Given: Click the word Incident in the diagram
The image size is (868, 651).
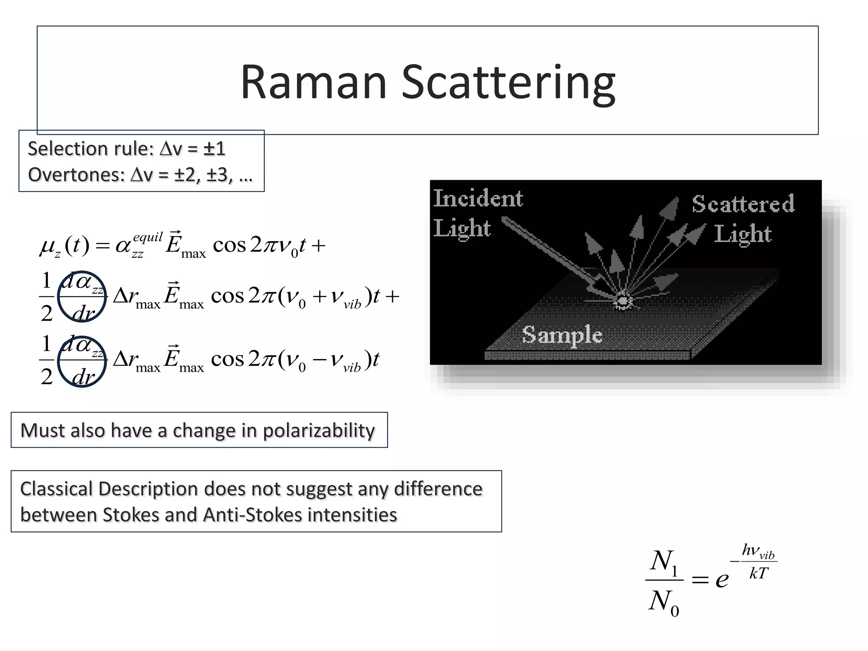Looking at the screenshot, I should [x=478, y=198].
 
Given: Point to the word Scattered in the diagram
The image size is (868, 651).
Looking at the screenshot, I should [x=743, y=204].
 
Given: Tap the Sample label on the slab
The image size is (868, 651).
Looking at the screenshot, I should [x=562, y=335].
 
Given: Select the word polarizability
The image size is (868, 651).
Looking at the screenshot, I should [x=319, y=431].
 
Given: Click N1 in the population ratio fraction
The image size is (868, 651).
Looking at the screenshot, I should [x=663, y=562].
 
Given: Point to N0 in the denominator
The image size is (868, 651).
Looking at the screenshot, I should [x=663, y=602].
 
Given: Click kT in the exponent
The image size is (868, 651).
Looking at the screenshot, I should [x=758, y=573].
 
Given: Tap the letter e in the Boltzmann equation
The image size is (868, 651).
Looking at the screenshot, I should [x=722, y=579].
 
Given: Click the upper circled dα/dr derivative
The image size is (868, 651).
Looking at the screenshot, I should [x=82, y=296].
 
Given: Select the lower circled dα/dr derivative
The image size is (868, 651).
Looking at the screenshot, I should [x=82, y=361].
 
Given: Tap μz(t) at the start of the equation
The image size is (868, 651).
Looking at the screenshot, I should [x=64, y=245].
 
